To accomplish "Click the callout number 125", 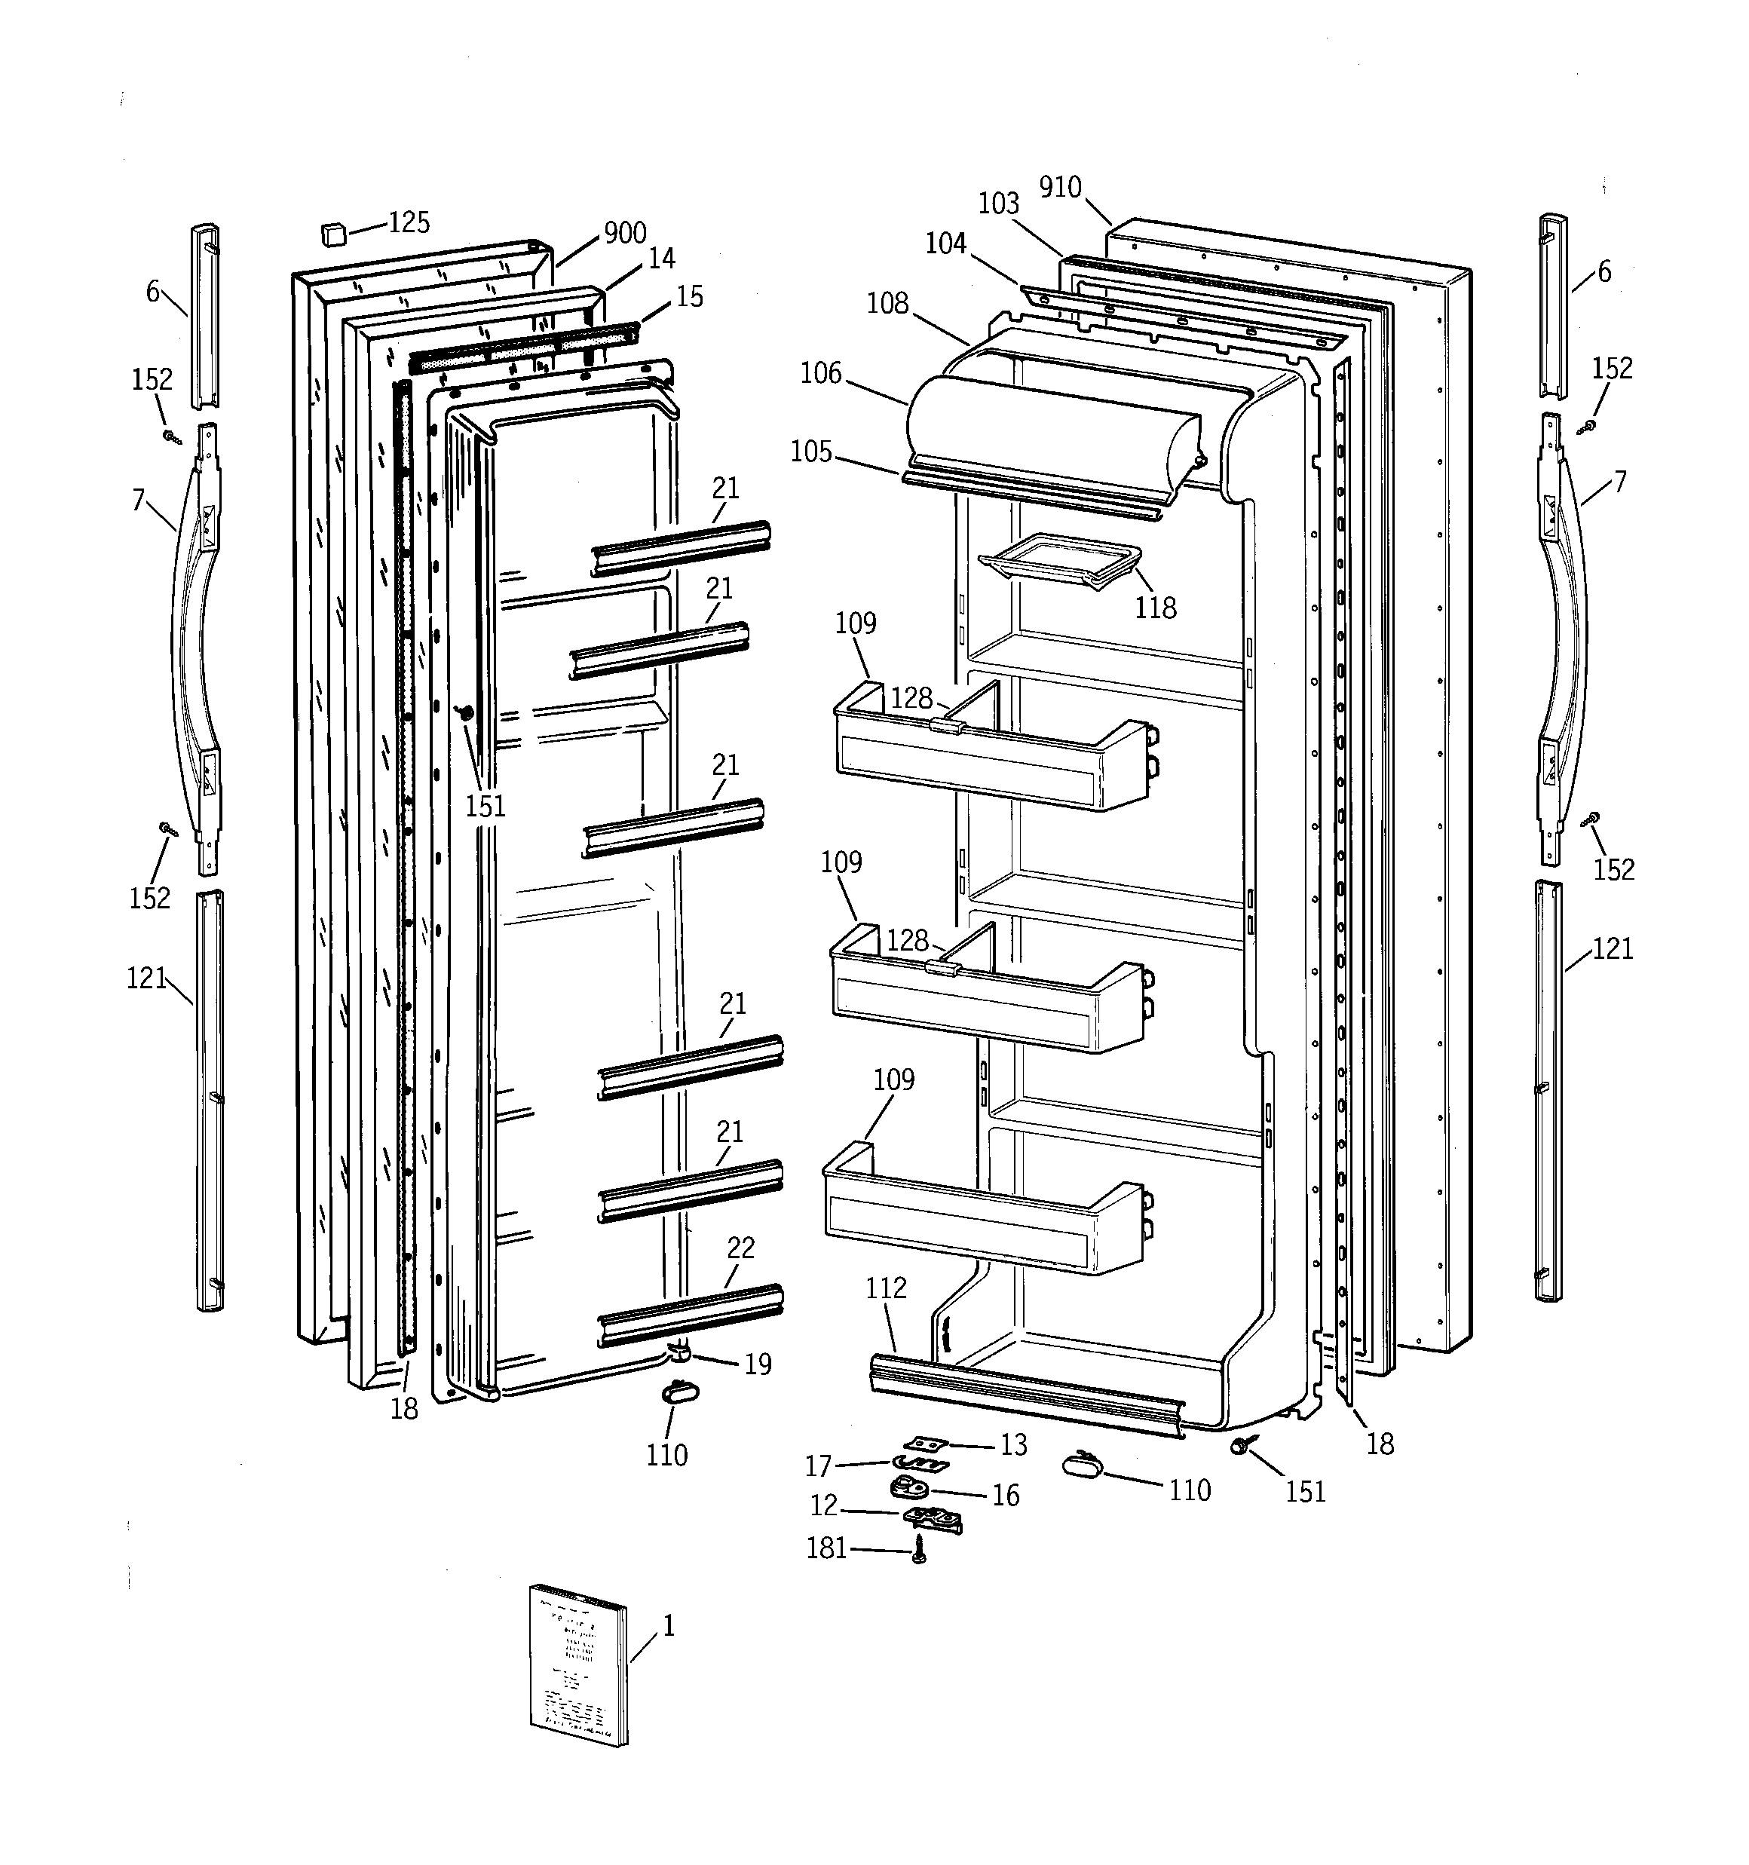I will click(409, 222).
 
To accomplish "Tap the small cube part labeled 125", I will click(332, 234).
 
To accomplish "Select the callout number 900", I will click(625, 233).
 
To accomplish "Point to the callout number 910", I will click(1060, 188).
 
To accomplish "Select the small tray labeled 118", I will click(1060, 561).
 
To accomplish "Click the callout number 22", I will click(740, 1248).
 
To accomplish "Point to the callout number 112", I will click(886, 1288).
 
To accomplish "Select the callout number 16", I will click(1006, 1496).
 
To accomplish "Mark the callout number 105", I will click(812, 452).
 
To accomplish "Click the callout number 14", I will click(661, 258).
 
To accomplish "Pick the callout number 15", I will click(690, 296).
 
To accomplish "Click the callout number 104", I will click(946, 244).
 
